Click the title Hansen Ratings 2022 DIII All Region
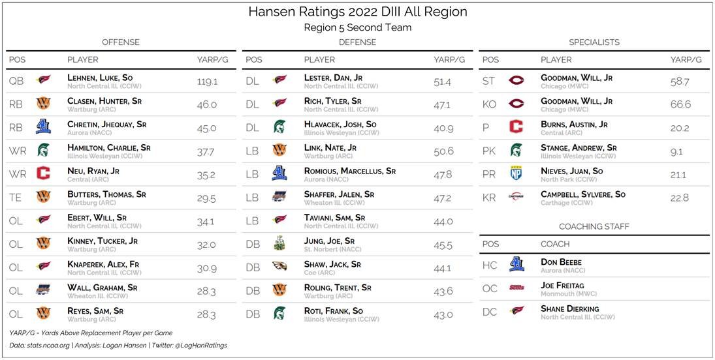click(357, 12)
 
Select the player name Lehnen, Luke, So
click(100, 78)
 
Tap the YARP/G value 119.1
click(207, 82)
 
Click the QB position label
click(16, 82)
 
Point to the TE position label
click(16, 198)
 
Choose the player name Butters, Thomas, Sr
click(106, 194)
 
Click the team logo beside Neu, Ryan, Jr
click(44, 174)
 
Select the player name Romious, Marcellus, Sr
click(349, 171)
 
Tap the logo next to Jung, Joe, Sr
click(279, 245)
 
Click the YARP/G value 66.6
click(680, 104)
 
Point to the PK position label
click(489, 151)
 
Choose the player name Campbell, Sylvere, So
click(582, 194)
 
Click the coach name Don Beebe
click(561, 262)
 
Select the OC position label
click(490, 289)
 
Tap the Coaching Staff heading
click(594, 226)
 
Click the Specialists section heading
click(594, 42)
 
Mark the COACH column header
click(555, 244)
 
